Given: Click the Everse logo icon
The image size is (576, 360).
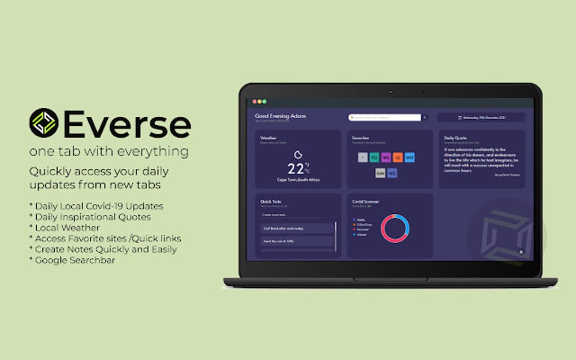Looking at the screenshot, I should [43, 122].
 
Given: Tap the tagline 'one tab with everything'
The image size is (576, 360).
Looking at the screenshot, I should [109, 152].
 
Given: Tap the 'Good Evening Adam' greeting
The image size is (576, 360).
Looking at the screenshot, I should [281, 116].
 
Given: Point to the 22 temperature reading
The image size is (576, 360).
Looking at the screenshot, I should [296, 169].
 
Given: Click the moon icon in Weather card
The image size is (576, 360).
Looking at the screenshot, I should [298, 154].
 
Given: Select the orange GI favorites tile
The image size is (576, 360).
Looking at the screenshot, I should [398, 157].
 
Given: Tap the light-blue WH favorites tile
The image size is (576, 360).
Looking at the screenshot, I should [409, 157].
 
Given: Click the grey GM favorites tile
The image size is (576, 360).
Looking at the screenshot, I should [381, 173].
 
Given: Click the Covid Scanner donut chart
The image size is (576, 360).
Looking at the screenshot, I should [395, 228].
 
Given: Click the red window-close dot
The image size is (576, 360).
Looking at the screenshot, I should [255, 102].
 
